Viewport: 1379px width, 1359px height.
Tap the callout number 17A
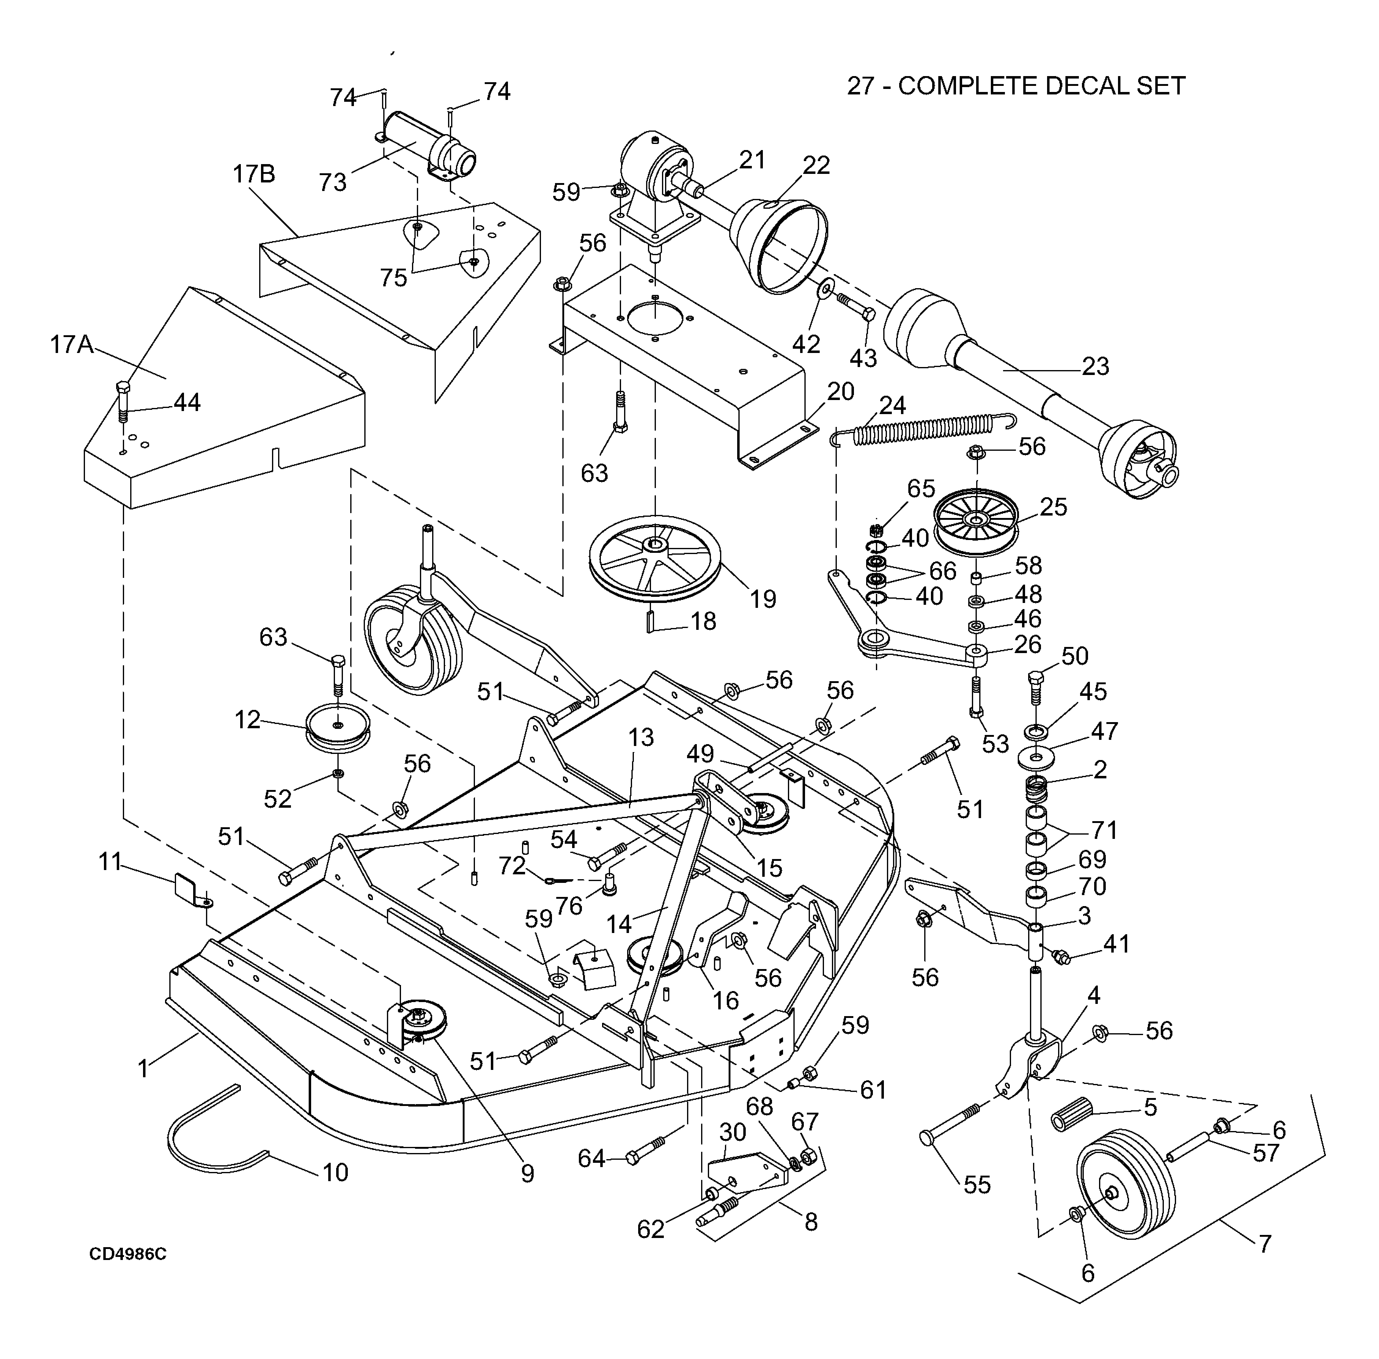point(72,345)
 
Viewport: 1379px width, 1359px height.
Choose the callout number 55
point(977,1185)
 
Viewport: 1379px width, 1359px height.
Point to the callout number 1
point(143,1068)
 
